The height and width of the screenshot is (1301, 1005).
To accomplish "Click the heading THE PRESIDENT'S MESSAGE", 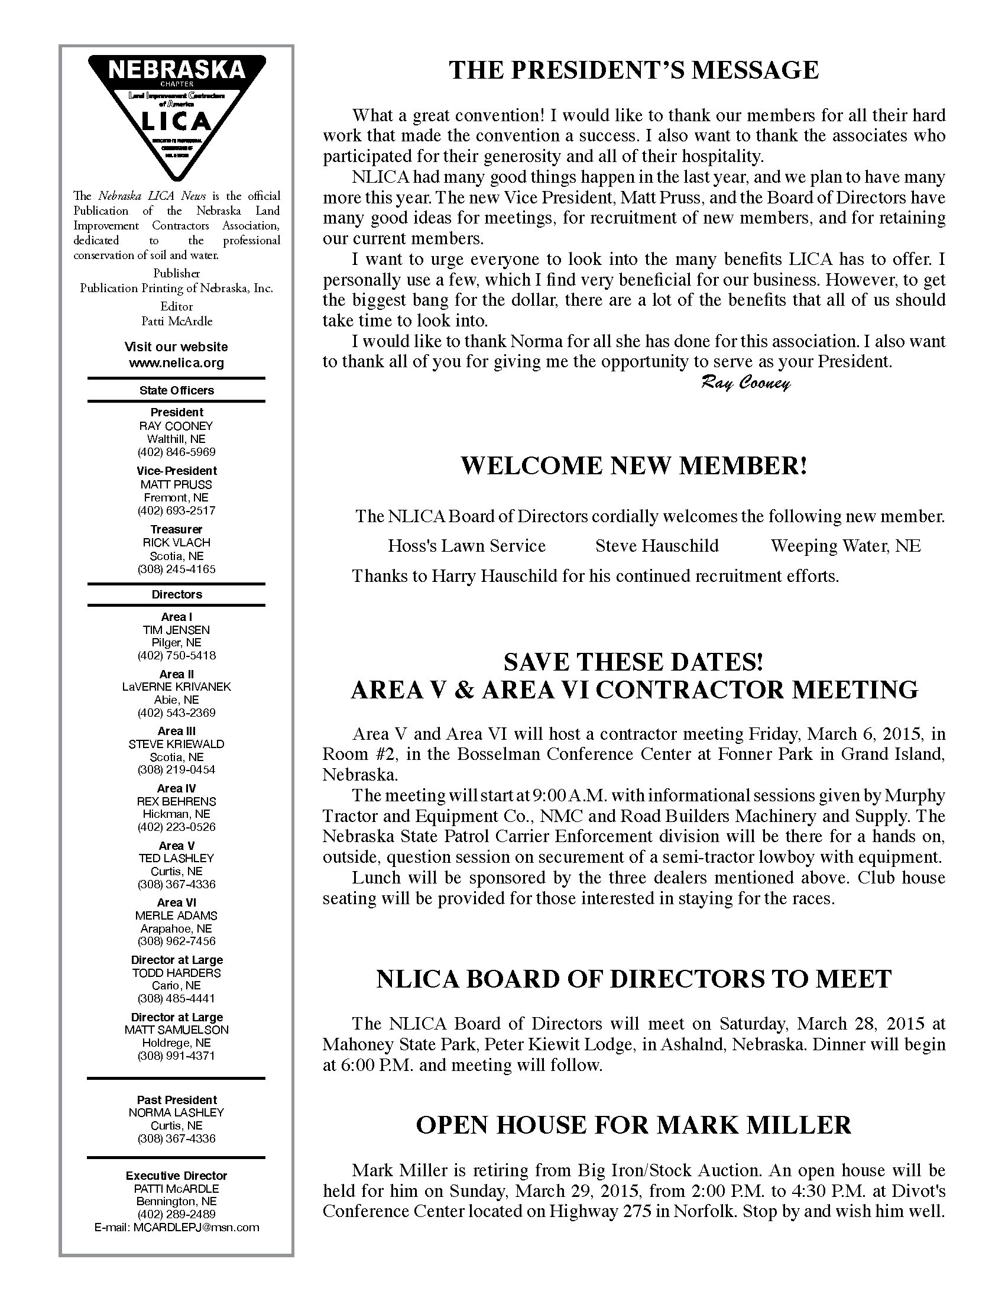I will [634, 70].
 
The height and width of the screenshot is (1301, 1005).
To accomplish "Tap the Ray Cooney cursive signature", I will [745, 383].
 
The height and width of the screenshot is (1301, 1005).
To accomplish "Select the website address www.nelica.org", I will [176, 363].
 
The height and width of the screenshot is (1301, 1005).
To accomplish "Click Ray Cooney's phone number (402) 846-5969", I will [176, 452].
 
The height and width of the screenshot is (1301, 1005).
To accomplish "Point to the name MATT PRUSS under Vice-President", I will [176, 484].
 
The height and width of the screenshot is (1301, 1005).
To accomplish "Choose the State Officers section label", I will [176, 390].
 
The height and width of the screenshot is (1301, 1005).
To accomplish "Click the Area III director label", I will [176, 731].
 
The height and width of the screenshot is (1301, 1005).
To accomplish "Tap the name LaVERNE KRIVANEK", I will [176, 686].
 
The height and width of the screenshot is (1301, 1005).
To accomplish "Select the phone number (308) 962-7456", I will [176, 941].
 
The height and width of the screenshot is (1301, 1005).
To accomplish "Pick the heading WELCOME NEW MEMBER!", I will [634, 466].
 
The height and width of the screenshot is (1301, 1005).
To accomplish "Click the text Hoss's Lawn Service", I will [466, 546].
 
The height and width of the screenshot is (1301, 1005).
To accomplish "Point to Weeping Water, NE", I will [845, 546].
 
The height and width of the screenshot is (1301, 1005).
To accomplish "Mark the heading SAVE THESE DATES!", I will [634, 662].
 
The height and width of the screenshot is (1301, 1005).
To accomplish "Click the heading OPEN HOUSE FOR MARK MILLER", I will [634, 1125].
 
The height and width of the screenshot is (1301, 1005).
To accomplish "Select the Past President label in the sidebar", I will [176, 1100].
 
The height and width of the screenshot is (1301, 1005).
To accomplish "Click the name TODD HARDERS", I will [176, 973].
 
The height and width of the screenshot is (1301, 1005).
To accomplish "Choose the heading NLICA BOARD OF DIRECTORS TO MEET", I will [634, 979].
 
